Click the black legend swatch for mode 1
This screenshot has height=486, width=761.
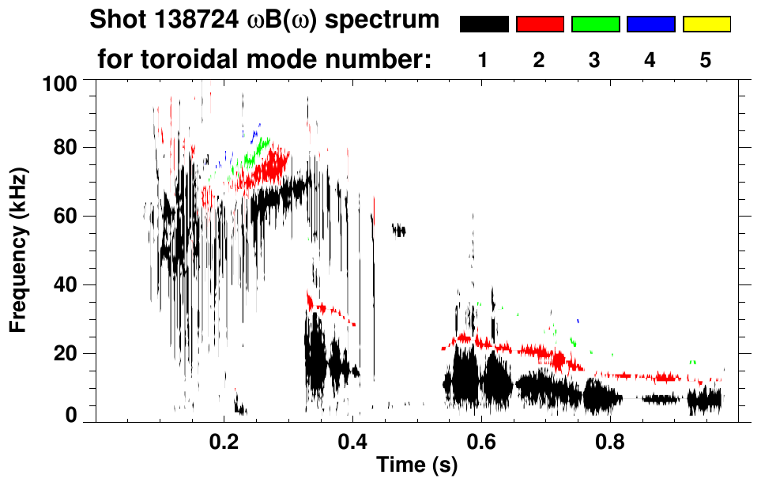[484, 24]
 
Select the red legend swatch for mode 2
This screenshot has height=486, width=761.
[540, 24]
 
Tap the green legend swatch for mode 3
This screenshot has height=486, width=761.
[595, 24]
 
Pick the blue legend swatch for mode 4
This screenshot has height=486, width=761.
[650, 24]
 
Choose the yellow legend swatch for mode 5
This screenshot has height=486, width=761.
[706, 24]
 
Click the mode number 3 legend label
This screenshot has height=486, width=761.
[594, 60]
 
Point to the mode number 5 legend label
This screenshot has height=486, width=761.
[705, 60]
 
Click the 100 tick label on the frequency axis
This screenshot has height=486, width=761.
[60, 83]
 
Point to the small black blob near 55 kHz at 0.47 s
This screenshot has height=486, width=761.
[399, 230]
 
